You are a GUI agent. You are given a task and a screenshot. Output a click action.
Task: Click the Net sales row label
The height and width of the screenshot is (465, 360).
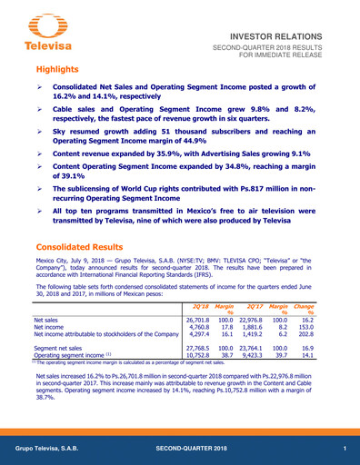[48, 321]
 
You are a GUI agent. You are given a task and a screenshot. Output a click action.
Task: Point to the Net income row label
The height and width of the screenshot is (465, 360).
[51, 328]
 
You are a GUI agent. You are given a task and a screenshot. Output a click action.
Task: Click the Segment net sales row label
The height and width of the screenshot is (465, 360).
[58, 348]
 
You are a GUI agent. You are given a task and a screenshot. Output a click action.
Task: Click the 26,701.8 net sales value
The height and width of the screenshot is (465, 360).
[197, 321]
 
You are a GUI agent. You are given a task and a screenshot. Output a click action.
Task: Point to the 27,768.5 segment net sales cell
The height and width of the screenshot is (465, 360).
[197, 348]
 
